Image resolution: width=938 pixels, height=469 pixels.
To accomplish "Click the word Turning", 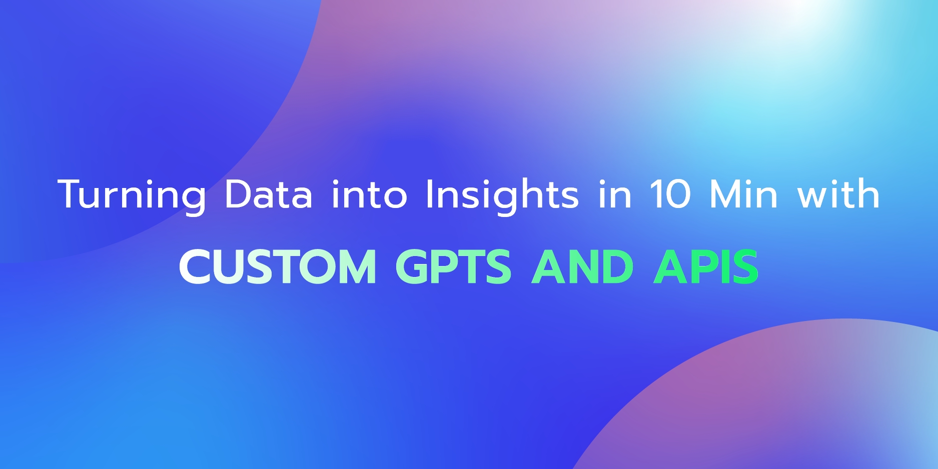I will click(132, 194).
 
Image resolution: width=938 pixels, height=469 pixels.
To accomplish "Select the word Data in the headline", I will click(268, 194).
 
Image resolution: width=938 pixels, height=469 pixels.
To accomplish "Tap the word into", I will click(369, 194).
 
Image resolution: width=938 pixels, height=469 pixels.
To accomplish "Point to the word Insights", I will click(502, 194).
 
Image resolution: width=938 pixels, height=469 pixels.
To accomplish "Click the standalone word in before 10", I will click(615, 194).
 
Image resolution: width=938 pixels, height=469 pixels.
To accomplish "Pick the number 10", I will click(670, 194).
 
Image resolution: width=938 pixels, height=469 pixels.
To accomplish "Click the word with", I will click(838, 194).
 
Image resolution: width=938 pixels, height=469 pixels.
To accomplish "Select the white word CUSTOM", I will click(278, 266).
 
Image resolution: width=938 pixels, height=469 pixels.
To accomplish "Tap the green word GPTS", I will click(453, 266).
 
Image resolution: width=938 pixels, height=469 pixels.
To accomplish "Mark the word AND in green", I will click(582, 266).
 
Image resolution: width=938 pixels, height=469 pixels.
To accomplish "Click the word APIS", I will click(706, 266).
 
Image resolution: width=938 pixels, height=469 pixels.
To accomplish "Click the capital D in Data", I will click(238, 194).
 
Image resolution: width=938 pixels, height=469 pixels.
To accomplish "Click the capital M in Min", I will click(724, 194).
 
